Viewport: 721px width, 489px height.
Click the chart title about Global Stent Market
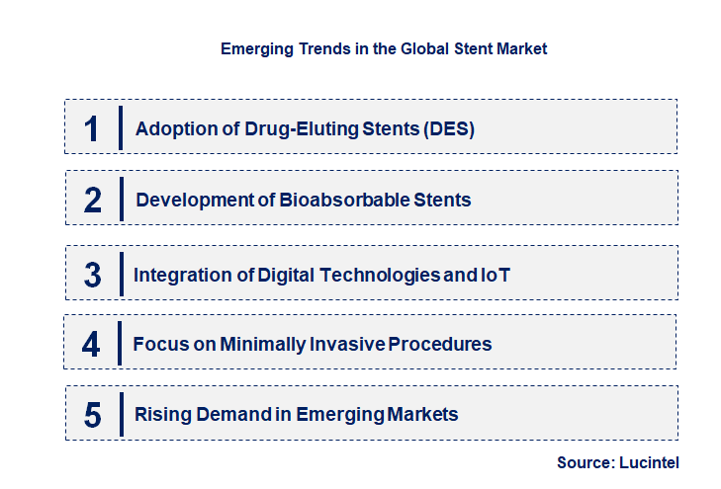pos(384,47)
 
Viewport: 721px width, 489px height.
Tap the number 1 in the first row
pos(92,128)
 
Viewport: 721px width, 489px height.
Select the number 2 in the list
pos(93,200)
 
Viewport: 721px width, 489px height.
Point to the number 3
pos(92,276)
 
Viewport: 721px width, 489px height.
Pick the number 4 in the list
pos(91,345)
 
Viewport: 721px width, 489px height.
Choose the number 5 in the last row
pos(93,415)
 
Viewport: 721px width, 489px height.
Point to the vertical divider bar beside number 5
pos(120,413)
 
